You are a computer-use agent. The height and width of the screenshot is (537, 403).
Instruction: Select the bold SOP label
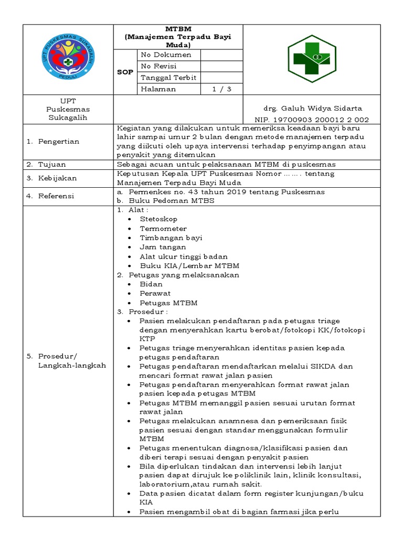125,72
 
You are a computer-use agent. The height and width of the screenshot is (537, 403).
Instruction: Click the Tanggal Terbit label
168,78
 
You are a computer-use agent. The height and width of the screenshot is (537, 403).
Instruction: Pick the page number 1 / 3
221,89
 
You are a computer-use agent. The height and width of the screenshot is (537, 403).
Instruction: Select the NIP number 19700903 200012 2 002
312,120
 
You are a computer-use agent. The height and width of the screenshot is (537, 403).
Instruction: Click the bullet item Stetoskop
158,219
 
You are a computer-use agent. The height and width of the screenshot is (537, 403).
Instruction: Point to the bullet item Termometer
163,228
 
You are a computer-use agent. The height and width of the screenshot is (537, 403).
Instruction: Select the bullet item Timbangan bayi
171,238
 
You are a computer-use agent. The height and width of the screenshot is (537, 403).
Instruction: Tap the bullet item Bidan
151,284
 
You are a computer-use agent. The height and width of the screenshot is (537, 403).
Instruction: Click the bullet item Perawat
155,294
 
